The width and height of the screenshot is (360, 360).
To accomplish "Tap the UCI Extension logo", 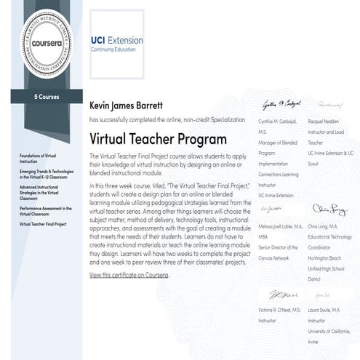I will [x=116, y=44].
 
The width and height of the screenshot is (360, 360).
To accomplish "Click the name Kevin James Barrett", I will [x=131, y=104].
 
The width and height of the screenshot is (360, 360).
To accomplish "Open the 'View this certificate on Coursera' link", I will [x=129, y=276].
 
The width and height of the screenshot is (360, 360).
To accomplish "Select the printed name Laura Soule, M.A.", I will [x=330, y=310].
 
